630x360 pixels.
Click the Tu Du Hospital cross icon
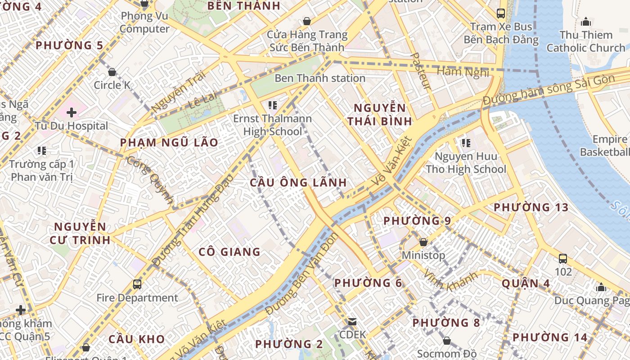72,112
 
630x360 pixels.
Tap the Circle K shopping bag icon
112,72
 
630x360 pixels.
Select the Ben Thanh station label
320,78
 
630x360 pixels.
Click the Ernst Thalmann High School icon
272,105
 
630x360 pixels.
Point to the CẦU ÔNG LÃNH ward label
298,183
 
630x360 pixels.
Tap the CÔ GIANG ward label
229,252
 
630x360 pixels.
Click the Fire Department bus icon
137,284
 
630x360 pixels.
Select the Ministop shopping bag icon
423,242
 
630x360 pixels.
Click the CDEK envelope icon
352,322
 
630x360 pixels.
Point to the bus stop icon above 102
563,259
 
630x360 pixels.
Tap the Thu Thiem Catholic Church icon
586,21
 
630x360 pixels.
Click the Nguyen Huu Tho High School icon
466,143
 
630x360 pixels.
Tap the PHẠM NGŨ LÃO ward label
169,143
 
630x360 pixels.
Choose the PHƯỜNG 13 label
531,207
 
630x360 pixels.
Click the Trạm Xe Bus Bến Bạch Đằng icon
501,13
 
